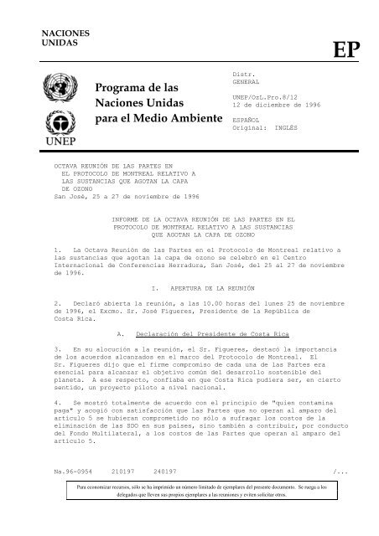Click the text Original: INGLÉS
click(267, 128)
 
